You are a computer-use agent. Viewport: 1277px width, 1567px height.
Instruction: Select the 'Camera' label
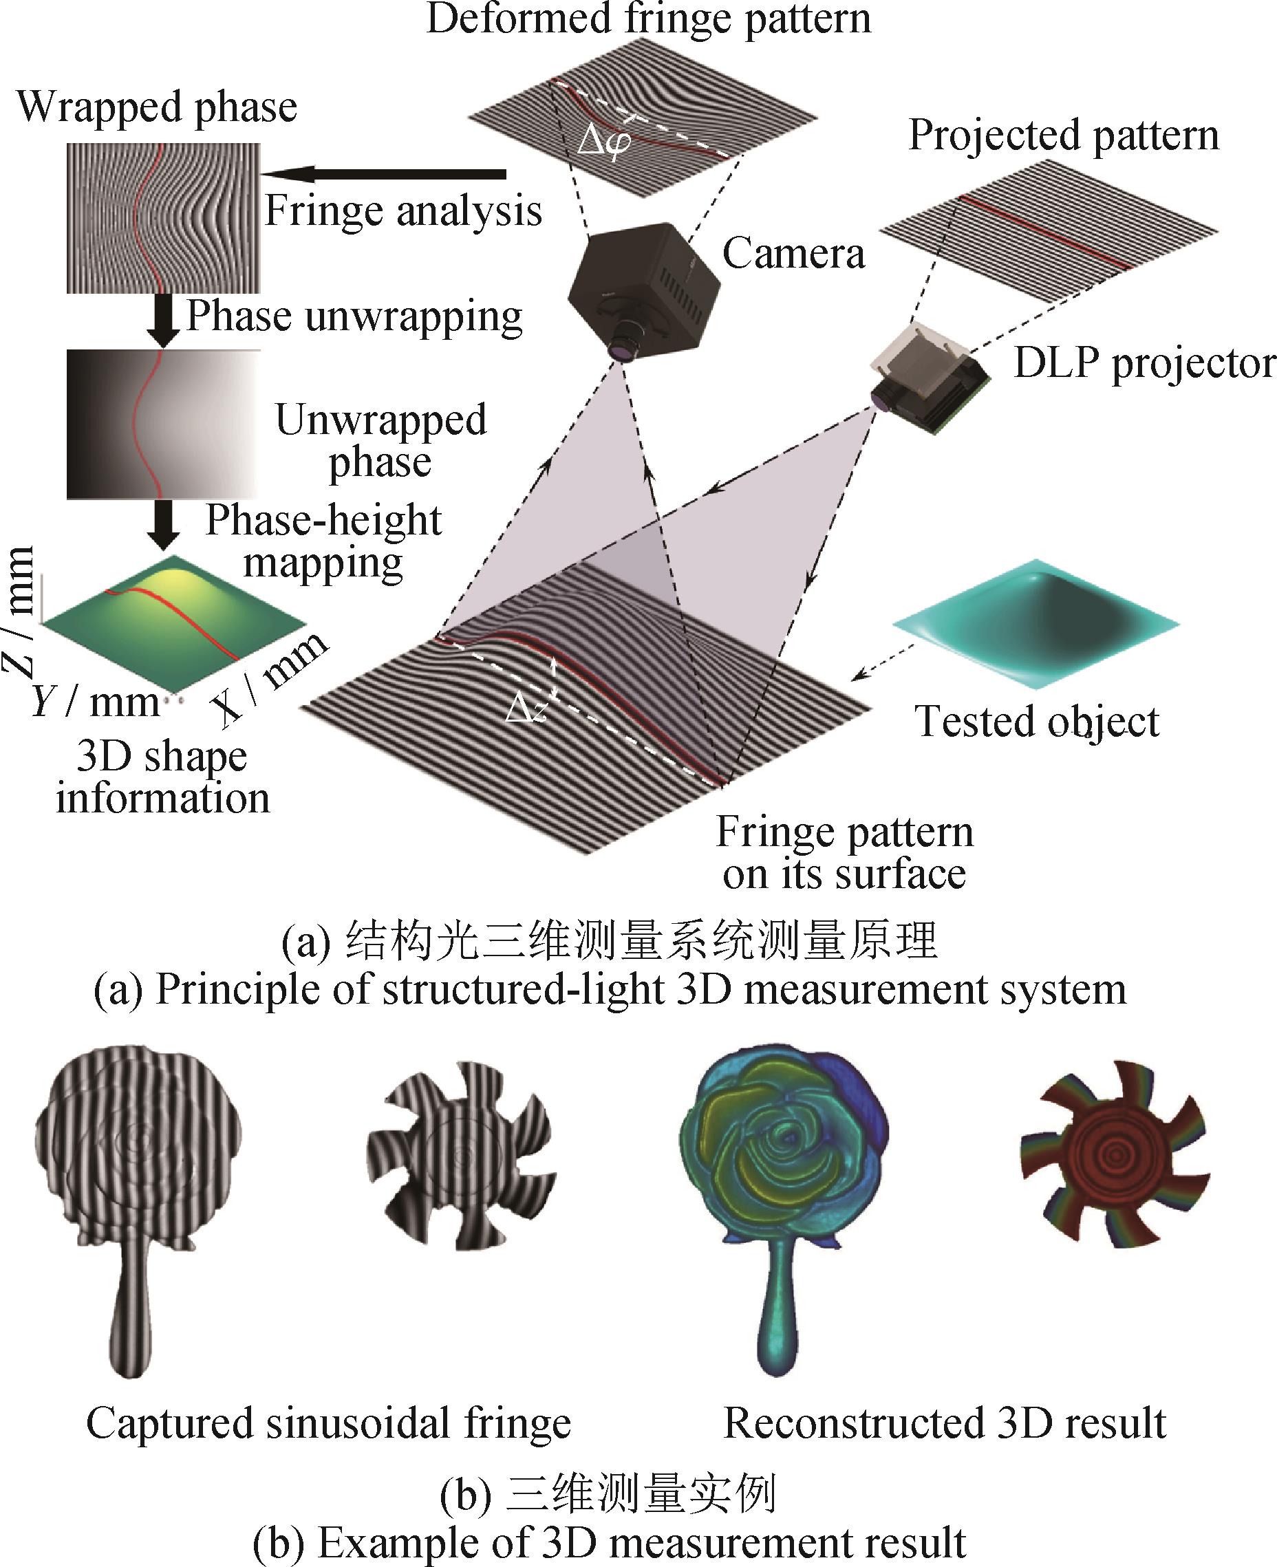coord(793,254)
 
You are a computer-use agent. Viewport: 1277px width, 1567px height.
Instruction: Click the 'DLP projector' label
coord(1144,363)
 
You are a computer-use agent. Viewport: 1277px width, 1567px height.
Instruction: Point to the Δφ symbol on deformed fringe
coord(603,140)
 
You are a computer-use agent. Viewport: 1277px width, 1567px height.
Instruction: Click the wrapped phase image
coord(163,218)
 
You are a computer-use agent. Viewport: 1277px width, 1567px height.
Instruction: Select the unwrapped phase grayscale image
coord(163,424)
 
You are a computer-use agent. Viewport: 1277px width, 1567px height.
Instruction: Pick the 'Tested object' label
coord(1036,722)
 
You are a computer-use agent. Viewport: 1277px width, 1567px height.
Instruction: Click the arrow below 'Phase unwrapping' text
coord(163,320)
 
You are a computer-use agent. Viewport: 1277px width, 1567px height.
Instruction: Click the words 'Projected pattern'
coord(1063,136)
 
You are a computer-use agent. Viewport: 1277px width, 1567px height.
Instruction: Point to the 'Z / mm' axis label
coord(21,610)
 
